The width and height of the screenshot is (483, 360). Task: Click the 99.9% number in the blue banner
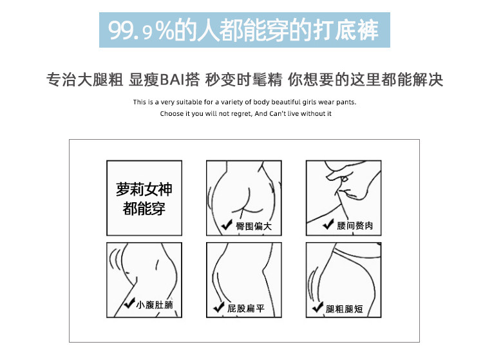(141, 30)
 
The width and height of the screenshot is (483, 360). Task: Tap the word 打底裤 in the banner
(346, 30)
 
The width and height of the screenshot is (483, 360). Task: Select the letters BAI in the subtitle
(173, 79)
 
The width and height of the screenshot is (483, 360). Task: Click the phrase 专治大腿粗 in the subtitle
(85, 79)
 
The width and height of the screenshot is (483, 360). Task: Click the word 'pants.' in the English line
(346, 102)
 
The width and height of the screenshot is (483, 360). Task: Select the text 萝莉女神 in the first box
(144, 189)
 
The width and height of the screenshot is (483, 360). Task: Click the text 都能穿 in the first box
(144, 209)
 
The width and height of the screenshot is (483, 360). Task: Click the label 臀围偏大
(254, 226)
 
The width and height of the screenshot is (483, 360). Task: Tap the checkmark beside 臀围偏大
(227, 225)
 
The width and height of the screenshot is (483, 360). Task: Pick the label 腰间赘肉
(355, 226)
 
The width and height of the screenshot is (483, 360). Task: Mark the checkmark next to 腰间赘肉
(328, 224)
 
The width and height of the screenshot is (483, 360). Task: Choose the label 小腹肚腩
(155, 305)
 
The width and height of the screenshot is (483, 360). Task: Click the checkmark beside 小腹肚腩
(129, 303)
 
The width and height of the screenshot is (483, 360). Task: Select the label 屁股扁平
(246, 308)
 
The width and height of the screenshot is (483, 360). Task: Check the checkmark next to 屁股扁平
(219, 307)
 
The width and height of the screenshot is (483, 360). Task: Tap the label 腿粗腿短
(344, 309)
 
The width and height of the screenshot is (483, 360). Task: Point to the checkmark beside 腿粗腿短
(318, 307)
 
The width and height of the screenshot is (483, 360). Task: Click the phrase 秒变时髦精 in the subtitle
(243, 79)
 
